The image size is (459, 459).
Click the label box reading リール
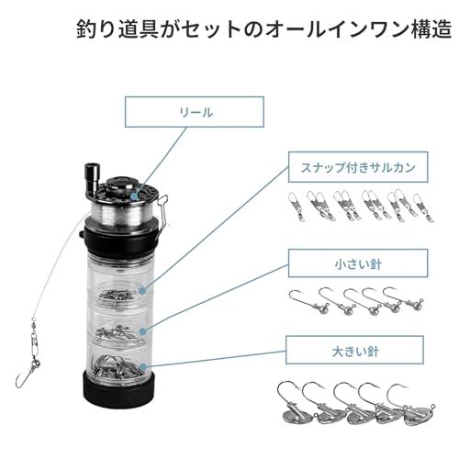(195, 112)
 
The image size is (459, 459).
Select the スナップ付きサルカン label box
(358, 167)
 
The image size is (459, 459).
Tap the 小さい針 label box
(358, 263)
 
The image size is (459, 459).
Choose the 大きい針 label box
(355, 350)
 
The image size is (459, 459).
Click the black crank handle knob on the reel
(92, 177)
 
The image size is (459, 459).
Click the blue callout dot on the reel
(134, 196)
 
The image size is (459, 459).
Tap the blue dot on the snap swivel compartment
(142, 291)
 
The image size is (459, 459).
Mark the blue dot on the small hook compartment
(142, 331)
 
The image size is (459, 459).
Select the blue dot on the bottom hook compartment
(142, 366)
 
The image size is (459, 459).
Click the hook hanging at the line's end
(25, 375)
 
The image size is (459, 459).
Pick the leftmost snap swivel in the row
(297, 206)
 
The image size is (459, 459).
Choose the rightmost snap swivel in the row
(424, 208)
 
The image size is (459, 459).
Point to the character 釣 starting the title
(86, 29)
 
